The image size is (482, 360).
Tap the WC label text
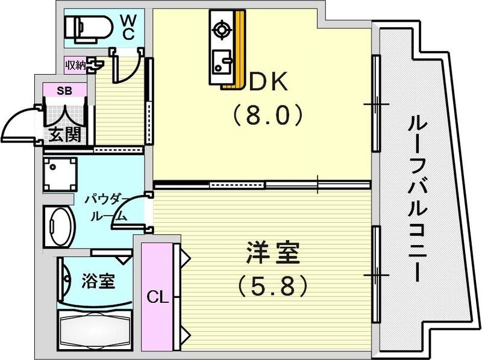click(x=128, y=27)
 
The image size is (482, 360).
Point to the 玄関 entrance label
click(x=64, y=134)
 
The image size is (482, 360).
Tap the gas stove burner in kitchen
click(x=221, y=29)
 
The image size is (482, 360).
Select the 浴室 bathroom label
click(x=98, y=281)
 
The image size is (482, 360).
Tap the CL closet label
click(x=157, y=296)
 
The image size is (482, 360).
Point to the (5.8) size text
click(x=272, y=285)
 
